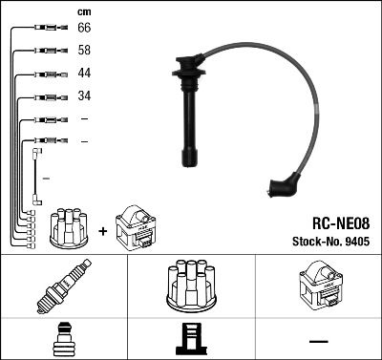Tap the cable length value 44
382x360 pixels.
pos(84,74)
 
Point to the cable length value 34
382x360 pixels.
pos(84,96)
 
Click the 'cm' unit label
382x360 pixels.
pos(83,11)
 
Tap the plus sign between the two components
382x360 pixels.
pos(102,230)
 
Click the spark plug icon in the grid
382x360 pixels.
pos(62,287)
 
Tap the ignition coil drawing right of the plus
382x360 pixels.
pos(135,228)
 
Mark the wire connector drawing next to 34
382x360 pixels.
pos(45,96)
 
